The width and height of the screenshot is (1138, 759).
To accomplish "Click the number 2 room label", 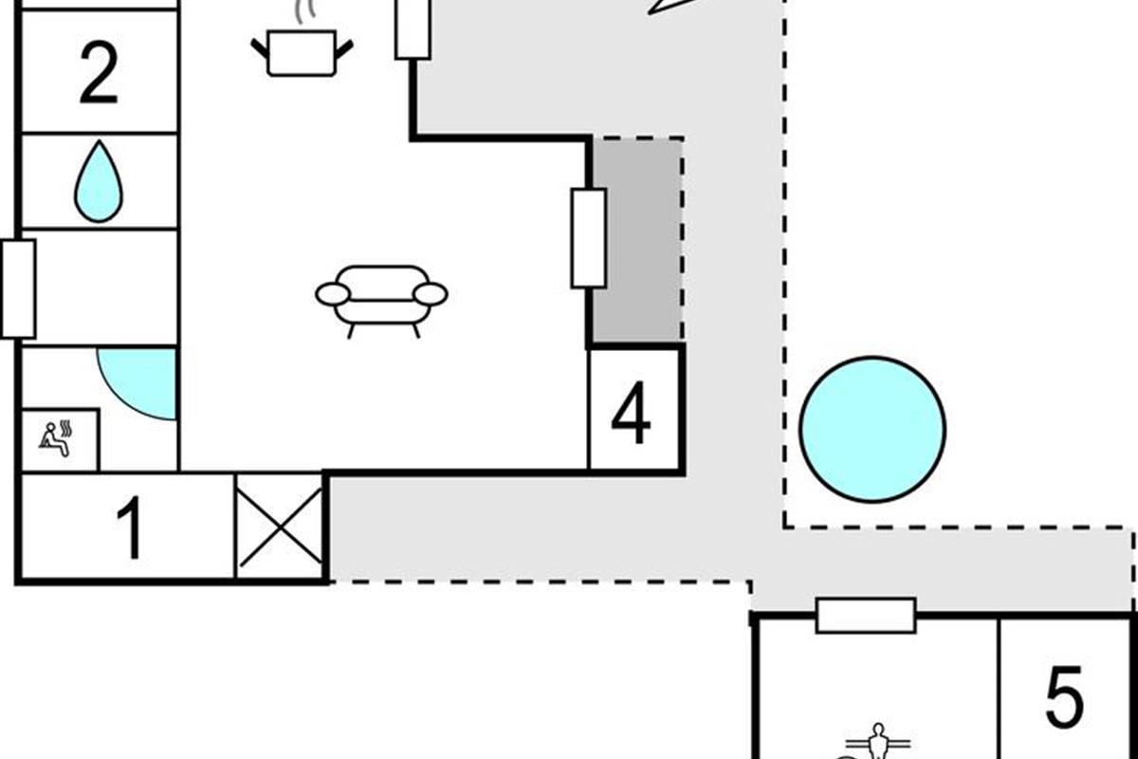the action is (x=99, y=73).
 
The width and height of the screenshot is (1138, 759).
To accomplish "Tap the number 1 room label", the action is (x=130, y=528).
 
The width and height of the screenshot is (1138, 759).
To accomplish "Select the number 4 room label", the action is (x=631, y=413).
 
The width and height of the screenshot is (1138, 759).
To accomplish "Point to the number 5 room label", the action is (x=1065, y=697).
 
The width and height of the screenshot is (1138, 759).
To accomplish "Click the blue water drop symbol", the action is (x=99, y=181).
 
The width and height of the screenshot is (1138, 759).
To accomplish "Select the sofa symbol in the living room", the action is (x=381, y=301).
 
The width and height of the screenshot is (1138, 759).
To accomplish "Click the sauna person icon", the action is (x=56, y=438).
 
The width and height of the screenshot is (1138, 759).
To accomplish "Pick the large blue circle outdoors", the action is (x=872, y=430).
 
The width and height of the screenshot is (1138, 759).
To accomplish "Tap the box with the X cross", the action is (x=280, y=528).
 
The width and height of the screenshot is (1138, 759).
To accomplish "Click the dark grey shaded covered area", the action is (x=637, y=240).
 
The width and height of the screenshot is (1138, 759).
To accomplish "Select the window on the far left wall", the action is (x=19, y=289).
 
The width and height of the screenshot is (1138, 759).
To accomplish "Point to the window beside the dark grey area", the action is (x=589, y=238).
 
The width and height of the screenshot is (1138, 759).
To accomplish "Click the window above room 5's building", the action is (x=866, y=616).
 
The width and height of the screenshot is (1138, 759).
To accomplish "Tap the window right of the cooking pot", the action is (x=413, y=29).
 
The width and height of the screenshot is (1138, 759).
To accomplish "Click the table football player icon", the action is (x=878, y=741).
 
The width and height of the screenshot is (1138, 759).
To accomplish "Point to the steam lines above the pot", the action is (x=305, y=12).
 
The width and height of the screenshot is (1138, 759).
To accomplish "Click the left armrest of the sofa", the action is (x=333, y=294).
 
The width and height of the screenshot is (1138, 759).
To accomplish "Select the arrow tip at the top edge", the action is (x=650, y=13).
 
